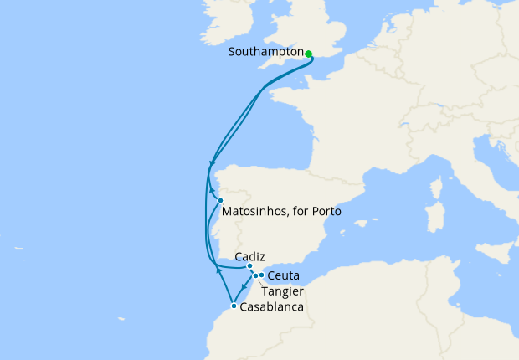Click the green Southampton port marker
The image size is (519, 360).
point(308,54)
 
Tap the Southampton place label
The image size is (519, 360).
point(265,52)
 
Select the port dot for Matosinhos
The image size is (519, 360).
point(220,200)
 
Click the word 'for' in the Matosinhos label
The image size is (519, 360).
point(300,212)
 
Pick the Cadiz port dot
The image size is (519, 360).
point(250,265)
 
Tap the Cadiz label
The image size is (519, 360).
point(251,255)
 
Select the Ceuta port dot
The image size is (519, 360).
point(261,275)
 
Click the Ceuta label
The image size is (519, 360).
point(284,275)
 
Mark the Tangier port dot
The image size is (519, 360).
point(255,275)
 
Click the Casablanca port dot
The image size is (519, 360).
point(234,306)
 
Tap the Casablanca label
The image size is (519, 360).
point(271,307)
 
